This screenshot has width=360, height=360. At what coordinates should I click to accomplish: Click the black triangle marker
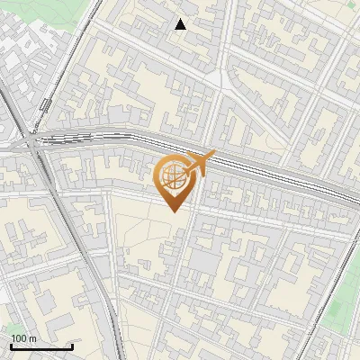[181, 24]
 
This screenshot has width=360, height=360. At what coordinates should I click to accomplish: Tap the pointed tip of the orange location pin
[174, 210]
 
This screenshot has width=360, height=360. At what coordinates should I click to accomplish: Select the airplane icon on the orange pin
[200, 163]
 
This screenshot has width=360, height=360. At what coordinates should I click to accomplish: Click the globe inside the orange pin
[174, 174]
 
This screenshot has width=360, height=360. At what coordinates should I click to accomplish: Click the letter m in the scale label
[33, 338]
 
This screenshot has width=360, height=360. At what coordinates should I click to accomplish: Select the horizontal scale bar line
[41, 346]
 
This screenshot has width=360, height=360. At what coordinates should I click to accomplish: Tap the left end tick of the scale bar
[11, 346]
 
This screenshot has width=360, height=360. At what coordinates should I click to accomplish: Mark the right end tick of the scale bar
[72, 346]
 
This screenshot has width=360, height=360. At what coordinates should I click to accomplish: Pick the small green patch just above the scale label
[13, 328]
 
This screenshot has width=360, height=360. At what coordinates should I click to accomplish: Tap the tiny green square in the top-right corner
[351, 5]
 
